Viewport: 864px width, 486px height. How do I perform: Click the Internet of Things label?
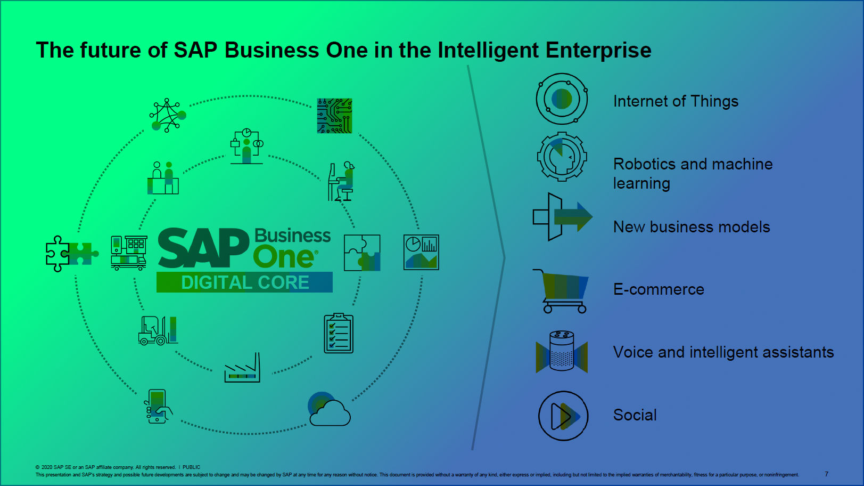tap(676, 101)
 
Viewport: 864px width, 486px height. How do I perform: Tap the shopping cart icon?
tap(561, 291)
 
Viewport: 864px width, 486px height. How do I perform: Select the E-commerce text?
tap(659, 289)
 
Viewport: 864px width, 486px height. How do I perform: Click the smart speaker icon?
tap(562, 351)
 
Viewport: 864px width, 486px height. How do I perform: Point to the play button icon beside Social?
tap(563, 416)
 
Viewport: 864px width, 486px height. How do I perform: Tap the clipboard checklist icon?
tap(339, 333)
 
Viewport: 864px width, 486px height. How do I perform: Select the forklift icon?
tap(158, 330)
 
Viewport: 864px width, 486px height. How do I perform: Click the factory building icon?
tap(242, 368)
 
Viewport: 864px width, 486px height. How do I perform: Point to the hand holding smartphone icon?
tap(158, 406)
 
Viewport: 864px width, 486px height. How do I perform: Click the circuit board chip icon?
tap(334, 116)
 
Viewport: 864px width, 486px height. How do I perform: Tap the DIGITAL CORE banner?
tap(244, 282)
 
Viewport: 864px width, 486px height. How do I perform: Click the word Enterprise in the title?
tap(598, 50)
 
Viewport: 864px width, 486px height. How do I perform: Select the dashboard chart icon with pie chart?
tap(421, 252)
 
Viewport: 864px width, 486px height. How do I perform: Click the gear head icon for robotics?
tap(562, 156)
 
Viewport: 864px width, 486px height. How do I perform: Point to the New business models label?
tap(692, 227)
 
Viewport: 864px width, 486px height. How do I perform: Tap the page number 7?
tap(827, 474)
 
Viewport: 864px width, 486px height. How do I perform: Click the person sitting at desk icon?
tap(341, 181)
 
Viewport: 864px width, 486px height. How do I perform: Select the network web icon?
tap(168, 115)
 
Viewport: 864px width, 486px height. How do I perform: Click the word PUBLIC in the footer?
tap(191, 467)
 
